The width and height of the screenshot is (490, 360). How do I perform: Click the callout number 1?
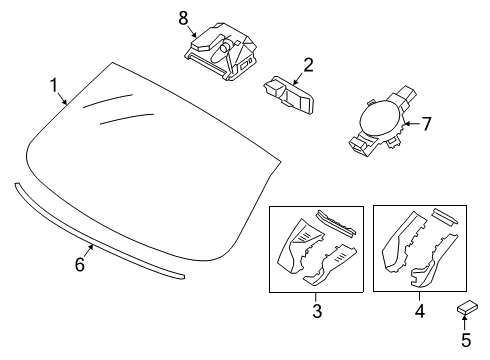[x=54, y=86]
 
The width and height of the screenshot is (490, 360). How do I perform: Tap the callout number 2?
[x=308, y=65]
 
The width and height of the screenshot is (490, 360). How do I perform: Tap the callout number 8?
[x=182, y=17]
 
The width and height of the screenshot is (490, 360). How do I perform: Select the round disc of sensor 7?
[x=379, y=125]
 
